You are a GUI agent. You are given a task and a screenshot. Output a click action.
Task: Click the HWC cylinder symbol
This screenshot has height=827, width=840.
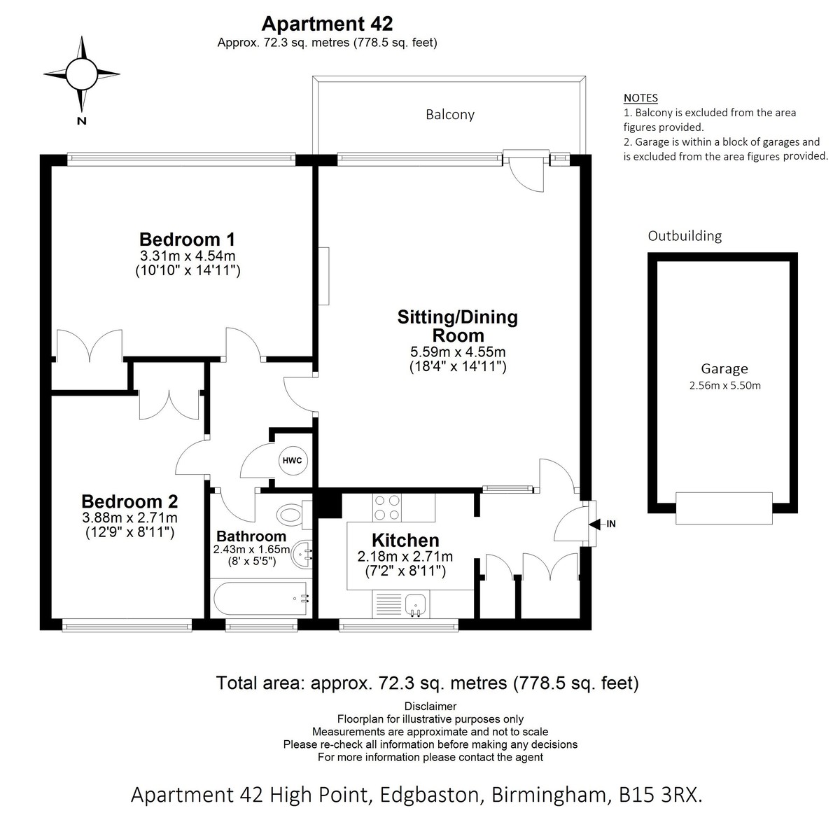[x=293, y=461]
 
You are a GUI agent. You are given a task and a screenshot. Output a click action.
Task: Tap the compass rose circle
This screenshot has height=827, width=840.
[x=81, y=74]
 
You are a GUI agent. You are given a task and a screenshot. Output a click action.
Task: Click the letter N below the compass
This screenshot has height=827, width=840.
[x=81, y=121]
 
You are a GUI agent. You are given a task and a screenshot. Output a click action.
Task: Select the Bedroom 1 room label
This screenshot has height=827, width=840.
[x=187, y=239]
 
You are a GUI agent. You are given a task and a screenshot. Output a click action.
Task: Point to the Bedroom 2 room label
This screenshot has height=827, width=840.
[x=130, y=501]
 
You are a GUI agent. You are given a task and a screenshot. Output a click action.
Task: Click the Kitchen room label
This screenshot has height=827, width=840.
[x=405, y=541]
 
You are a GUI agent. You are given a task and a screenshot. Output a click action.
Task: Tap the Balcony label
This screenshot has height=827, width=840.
[x=450, y=115]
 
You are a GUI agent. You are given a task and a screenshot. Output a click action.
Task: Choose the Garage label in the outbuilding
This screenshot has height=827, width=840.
[x=724, y=369]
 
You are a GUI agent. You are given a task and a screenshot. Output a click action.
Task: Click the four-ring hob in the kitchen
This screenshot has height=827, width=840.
[x=387, y=507]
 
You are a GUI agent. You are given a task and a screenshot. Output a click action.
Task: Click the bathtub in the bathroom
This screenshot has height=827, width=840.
[x=260, y=599]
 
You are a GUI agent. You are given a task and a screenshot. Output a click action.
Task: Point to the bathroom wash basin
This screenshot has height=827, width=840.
[x=301, y=555]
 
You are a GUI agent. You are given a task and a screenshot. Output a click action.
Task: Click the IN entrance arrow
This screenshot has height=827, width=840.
[x=602, y=524]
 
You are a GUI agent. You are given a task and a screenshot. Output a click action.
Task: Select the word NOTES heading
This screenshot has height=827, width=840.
[x=640, y=98]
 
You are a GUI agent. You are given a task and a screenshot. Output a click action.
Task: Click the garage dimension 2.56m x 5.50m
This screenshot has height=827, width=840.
[x=724, y=386]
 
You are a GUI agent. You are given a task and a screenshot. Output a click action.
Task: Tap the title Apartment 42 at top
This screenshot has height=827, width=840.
[x=327, y=24]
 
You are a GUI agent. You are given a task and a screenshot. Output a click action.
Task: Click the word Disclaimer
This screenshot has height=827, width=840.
[x=430, y=706]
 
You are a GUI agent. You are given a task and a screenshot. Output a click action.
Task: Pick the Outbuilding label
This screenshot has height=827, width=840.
[x=685, y=236]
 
